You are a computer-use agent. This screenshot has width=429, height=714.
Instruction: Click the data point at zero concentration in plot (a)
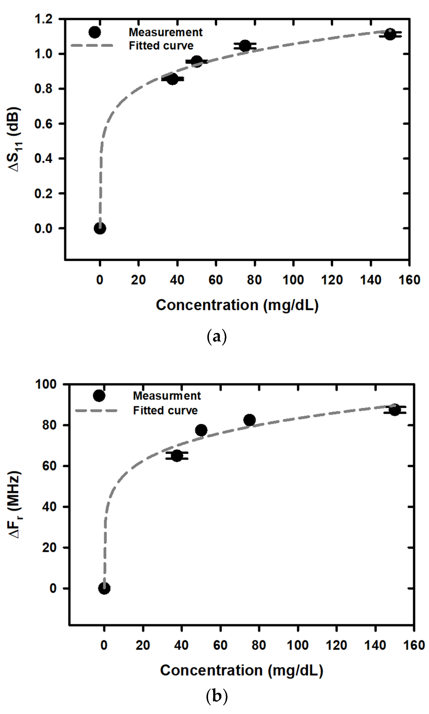100,228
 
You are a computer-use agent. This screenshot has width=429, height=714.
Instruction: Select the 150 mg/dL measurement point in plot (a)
390,34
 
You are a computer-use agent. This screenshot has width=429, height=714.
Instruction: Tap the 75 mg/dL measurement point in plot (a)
245,46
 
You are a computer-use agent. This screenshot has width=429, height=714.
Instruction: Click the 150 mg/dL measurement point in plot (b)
395,410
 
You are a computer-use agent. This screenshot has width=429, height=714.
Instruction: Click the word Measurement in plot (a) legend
166,32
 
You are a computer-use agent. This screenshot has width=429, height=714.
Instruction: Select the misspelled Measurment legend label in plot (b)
167,396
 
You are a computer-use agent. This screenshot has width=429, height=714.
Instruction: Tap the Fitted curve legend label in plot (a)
161,46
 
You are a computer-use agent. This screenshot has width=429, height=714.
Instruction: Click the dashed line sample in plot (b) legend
96,410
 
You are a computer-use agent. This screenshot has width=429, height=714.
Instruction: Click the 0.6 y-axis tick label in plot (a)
43,124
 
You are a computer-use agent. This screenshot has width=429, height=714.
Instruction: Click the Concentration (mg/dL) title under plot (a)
237,305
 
